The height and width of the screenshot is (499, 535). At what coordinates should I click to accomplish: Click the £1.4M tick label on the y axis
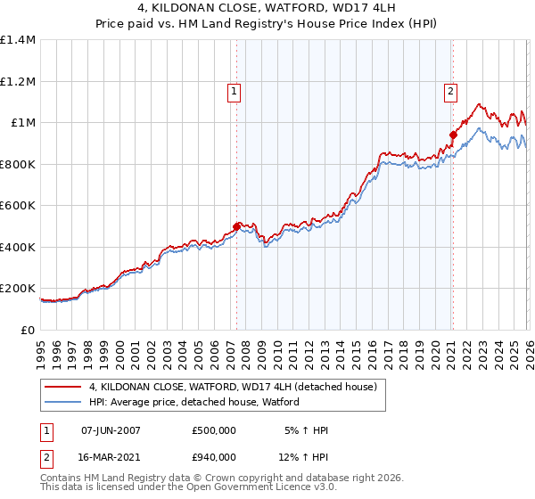[x=19, y=40]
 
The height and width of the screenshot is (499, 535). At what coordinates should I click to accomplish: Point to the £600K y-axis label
[x=17, y=205]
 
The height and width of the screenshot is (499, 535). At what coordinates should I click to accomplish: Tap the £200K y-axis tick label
[x=17, y=289]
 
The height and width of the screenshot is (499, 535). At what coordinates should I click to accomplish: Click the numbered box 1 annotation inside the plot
[x=234, y=90]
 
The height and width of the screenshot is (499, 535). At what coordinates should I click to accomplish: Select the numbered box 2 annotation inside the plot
[x=451, y=90]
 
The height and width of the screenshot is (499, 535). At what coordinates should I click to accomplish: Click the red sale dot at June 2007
[x=236, y=226]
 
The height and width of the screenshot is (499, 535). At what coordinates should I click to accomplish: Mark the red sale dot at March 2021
[x=453, y=135]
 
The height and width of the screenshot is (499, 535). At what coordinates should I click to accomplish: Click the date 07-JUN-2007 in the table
[x=111, y=430]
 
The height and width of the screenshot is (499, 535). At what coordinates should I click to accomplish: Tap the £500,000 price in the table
[x=213, y=430]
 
